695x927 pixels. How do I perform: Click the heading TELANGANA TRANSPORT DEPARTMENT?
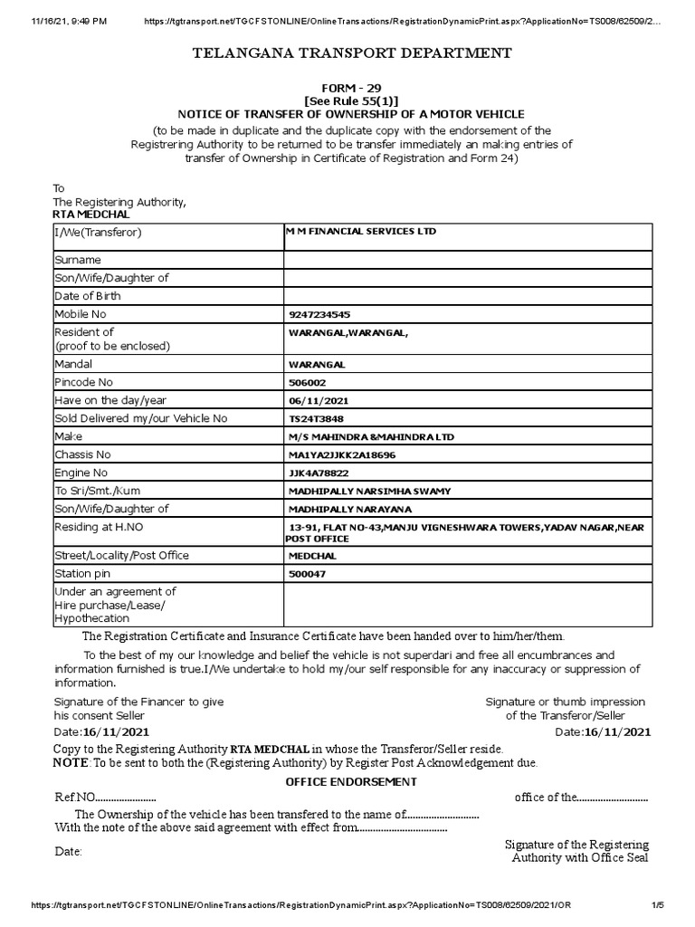pyautogui.click(x=352, y=53)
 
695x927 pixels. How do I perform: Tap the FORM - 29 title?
pyautogui.click(x=352, y=88)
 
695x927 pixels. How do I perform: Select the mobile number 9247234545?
pyautogui.click(x=318, y=314)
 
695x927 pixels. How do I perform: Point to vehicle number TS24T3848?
pyautogui.click(x=316, y=418)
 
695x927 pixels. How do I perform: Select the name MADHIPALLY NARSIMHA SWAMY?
pyautogui.click(x=368, y=491)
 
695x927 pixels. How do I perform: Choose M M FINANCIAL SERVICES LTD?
pyautogui.click(x=361, y=232)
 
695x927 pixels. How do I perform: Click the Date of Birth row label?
pyautogui.click(x=88, y=296)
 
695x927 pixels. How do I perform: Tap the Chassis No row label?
pyautogui.click(x=82, y=454)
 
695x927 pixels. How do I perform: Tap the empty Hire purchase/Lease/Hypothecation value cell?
pyautogui.click(x=467, y=604)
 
